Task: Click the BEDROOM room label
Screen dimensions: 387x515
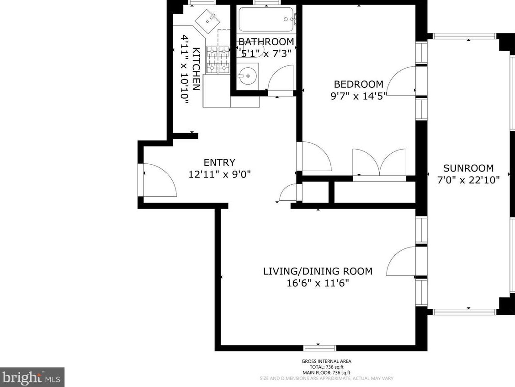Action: (x=358, y=84)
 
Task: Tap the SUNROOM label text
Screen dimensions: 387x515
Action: (x=468, y=168)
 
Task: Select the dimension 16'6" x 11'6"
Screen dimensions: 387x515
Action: (x=318, y=283)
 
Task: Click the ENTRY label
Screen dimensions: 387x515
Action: (x=219, y=162)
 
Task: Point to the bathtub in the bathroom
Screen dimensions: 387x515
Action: (x=267, y=20)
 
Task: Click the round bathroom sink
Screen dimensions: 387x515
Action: (x=247, y=75)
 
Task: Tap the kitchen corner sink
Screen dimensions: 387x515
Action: (x=208, y=21)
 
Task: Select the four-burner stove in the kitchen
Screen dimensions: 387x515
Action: (x=218, y=59)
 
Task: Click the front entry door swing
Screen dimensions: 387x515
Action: (x=160, y=180)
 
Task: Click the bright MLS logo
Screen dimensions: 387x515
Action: (x=32, y=377)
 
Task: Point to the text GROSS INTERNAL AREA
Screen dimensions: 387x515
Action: (x=326, y=361)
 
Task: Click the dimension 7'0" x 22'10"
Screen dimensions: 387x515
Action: (x=468, y=180)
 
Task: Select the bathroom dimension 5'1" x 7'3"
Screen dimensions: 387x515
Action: (x=266, y=53)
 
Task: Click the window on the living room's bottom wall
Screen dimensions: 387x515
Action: (x=319, y=348)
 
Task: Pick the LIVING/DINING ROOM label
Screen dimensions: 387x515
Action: (x=318, y=271)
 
